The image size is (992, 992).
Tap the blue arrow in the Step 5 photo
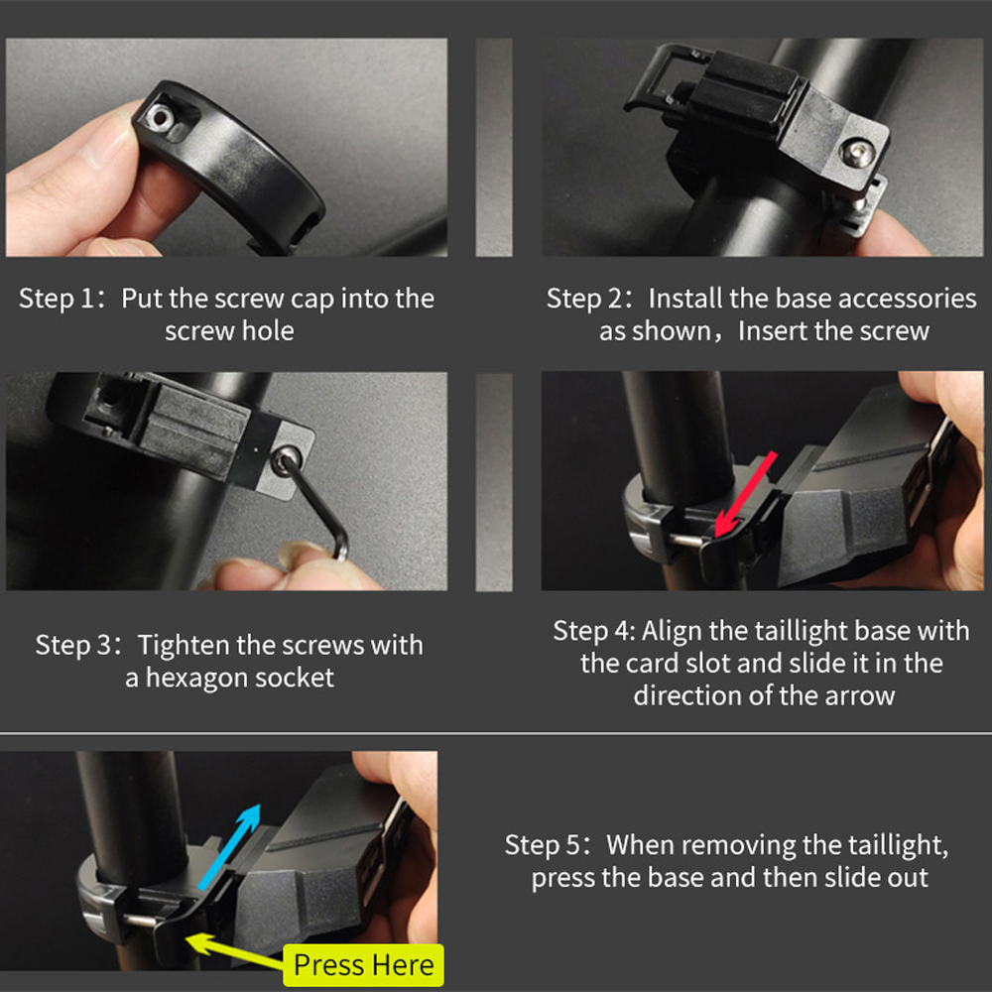pyautogui.click(x=229, y=848)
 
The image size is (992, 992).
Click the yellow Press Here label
pyautogui.click(x=363, y=965)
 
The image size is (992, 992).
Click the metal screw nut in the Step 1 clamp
pyautogui.click(x=158, y=115)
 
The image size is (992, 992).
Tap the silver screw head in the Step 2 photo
pyautogui.click(x=858, y=154)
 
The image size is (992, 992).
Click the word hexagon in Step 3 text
pyautogui.click(x=194, y=679)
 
